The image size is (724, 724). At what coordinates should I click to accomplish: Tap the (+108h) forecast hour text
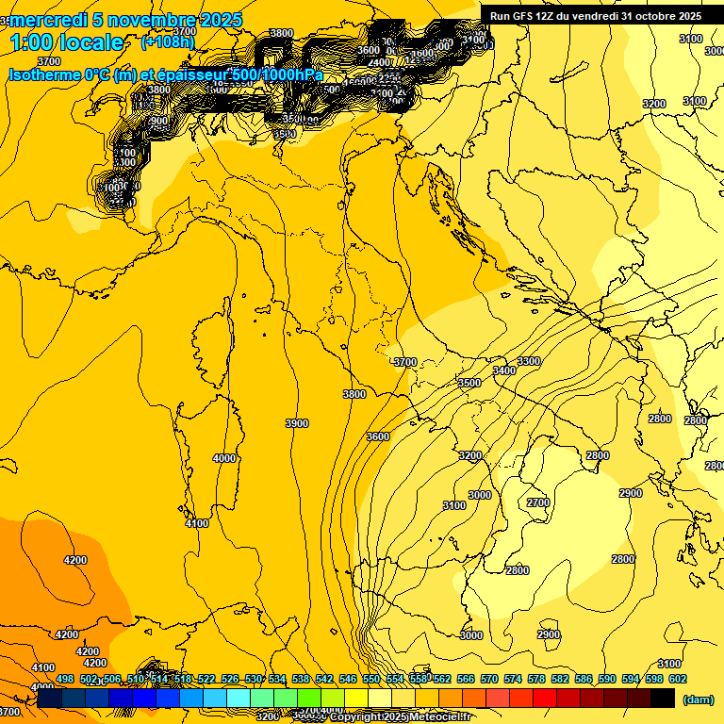click(169, 41)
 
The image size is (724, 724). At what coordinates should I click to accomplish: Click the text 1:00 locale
click(66, 42)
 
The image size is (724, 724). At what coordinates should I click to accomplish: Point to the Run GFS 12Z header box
click(595, 15)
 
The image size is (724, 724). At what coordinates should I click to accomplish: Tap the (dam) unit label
click(698, 699)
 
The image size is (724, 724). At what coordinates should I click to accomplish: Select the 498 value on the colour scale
click(65, 679)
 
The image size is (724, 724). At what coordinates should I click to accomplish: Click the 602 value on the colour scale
click(678, 679)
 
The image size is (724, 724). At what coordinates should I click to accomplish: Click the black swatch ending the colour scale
click(663, 699)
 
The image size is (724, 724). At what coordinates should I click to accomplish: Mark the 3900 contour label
click(297, 423)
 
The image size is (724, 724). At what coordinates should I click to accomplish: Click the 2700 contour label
click(538, 502)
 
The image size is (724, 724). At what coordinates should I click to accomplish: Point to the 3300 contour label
click(529, 361)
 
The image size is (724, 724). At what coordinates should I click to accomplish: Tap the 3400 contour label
click(504, 370)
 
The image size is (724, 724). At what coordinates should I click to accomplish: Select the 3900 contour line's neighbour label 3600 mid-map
click(378, 436)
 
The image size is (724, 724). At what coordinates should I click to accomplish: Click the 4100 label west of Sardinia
click(197, 523)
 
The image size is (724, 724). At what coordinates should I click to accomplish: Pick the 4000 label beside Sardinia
click(224, 458)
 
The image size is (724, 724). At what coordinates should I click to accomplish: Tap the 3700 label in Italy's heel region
click(404, 362)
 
